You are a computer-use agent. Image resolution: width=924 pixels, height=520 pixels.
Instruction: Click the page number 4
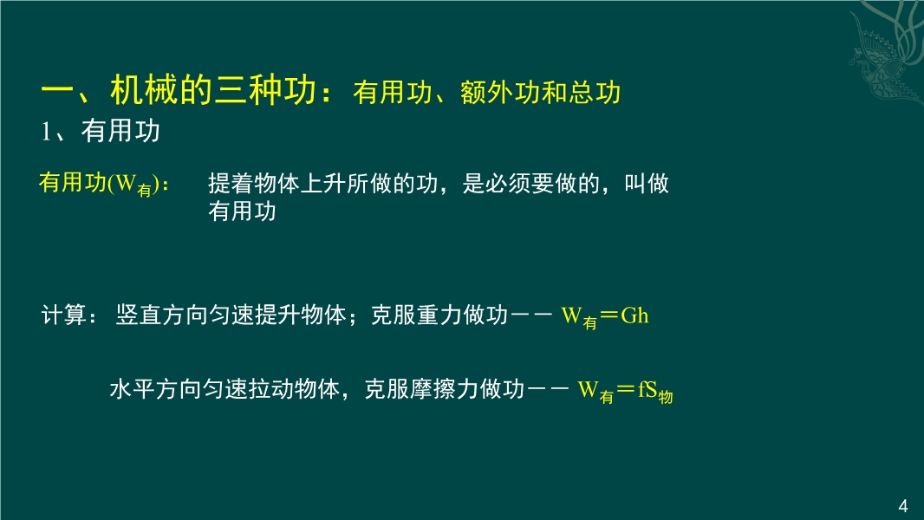[x=903, y=505]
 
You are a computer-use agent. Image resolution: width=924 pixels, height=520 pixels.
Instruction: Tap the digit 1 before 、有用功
[x=46, y=132]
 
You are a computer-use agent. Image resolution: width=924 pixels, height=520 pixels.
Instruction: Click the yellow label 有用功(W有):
[x=104, y=183]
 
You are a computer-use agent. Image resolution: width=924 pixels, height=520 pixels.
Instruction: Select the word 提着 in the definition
[x=231, y=183]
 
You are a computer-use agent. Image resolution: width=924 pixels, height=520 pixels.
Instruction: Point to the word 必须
[x=508, y=183]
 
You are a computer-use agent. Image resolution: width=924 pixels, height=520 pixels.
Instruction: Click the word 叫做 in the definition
[x=647, y=183]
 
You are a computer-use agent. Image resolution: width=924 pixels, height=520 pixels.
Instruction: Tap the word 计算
[x=64, y=315]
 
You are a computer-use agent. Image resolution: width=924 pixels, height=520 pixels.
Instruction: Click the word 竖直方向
[x=162, y=315]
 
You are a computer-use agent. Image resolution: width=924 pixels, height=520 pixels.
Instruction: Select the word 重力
[x=439, y=315]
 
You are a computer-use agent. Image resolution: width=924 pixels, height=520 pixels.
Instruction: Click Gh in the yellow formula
[x=634, y=315]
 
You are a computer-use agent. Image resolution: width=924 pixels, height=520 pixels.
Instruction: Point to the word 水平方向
[x=156, y=389]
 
